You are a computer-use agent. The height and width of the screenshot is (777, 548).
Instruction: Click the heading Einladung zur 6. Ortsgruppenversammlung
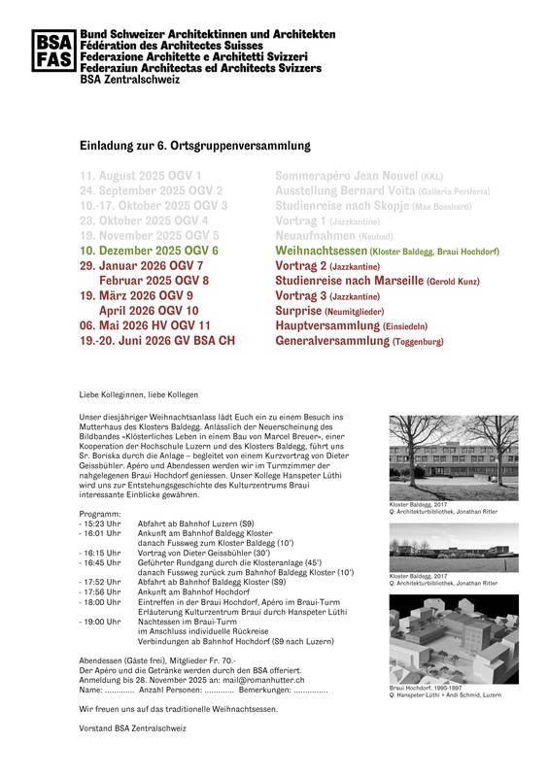tap(194, 146)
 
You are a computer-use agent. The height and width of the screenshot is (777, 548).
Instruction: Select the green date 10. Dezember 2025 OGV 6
tap(150, 251)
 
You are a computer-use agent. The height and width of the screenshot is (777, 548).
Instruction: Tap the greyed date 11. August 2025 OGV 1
tap(142, 176)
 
